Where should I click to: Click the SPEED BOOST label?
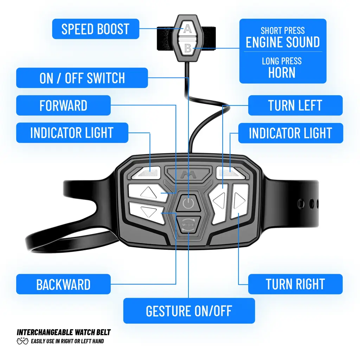95,29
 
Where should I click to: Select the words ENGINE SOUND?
283,42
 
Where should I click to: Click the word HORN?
282,72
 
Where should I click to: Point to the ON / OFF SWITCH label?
82,78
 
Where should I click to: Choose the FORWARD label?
63,105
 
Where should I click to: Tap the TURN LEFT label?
295,105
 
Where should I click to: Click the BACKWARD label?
63,284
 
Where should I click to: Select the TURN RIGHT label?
295,284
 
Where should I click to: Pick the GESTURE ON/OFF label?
189,311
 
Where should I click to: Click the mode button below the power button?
188,224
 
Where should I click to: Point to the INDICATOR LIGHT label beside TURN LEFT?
290,133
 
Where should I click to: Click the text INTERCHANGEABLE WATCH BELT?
64,332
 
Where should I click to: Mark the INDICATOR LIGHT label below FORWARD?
72,133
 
